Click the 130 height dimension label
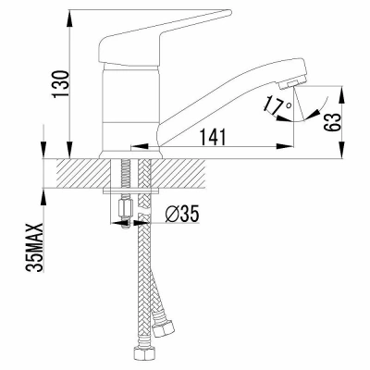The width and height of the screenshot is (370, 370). [x=60, y=84]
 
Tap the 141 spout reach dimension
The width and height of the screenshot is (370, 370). [x=214, y=137]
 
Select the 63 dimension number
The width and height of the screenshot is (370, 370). [x=333, y=122]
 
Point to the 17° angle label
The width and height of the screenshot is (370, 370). [x=277, y=105]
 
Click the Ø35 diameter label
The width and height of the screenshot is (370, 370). [x=182, y=215]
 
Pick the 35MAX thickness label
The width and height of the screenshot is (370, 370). [x=34, y=248]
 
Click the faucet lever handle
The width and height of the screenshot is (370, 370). [x=160, y=39]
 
